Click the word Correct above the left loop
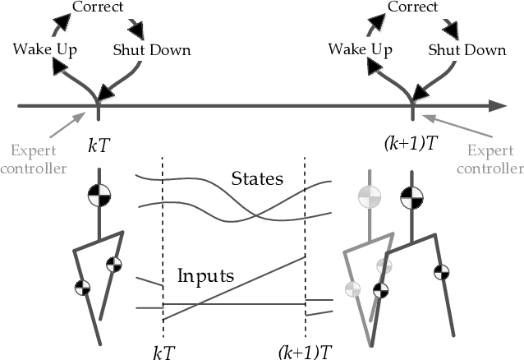pyautogui.click(x=98, y=7)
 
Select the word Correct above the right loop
pyautogui.click(x=411, y=7)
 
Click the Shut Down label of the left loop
pyautogui.click(x=152, y=49)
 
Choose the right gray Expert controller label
pyautogui.click(x=494, y=160)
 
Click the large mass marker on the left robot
pyautogui.click(x=99, y=197)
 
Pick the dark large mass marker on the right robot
pyautogui.click(x=411, y=198)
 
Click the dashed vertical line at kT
pyautogui.click(x=163, y=238)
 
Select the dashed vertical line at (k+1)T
pyautogui.click(x=305, y=238)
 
